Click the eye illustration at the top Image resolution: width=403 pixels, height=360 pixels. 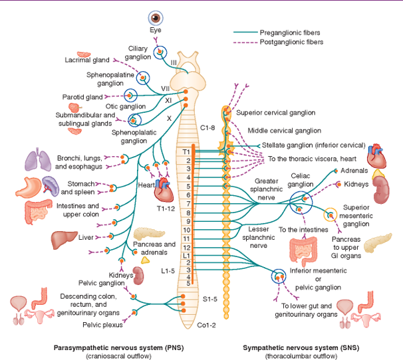[155, 18]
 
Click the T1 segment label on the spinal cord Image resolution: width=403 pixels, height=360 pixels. [186, 152]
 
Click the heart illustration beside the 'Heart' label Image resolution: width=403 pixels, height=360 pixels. [164, 191]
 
